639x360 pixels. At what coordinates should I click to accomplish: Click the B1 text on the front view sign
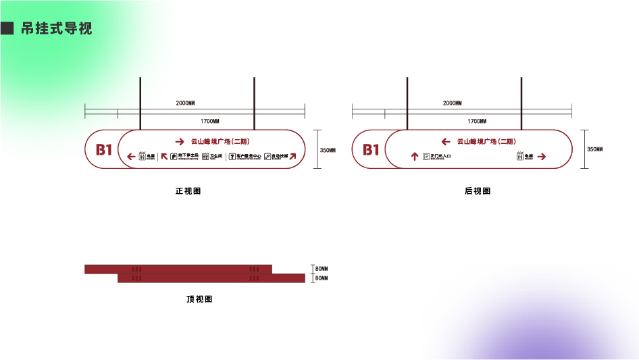click(103, 149)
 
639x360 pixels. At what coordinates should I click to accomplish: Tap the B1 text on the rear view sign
click(371, 149)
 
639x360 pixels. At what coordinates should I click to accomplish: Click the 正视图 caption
click(188, 191)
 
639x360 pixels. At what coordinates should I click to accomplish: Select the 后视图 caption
click(478, 191)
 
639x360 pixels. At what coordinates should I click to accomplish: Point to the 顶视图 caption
click(199, 299)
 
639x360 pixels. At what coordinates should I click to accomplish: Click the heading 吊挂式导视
click(57, 29)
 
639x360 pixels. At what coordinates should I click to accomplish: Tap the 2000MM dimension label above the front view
click(185, 103)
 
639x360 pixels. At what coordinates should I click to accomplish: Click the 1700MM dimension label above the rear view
click(477, 122)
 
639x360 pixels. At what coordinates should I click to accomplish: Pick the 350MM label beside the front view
click(328, 149)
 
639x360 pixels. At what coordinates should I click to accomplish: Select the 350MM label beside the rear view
click(595, 149)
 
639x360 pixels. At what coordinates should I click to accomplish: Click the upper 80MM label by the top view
click(322, 269)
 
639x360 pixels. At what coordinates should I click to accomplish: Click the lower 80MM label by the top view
click(322, 278)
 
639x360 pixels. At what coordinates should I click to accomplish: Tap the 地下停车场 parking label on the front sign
click(189, 156)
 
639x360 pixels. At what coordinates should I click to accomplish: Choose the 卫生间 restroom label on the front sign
click(216, 156)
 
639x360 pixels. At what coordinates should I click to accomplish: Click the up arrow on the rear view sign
click(415, 157)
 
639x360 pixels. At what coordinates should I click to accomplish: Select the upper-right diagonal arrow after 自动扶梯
click(293, 157)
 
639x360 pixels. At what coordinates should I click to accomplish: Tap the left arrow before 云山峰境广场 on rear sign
click(446, 142)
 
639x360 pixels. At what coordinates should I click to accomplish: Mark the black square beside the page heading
click(8, 29)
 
